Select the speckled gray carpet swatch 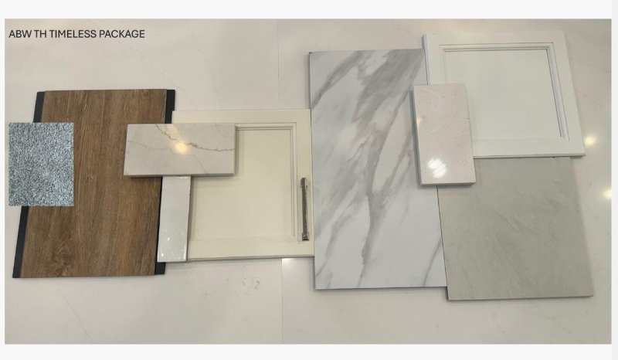(41, 164)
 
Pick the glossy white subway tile (174, 219)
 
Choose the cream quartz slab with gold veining (180, 149)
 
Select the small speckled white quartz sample (443, 134)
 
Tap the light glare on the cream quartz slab (181, 147)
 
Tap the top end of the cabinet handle (304, 179)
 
